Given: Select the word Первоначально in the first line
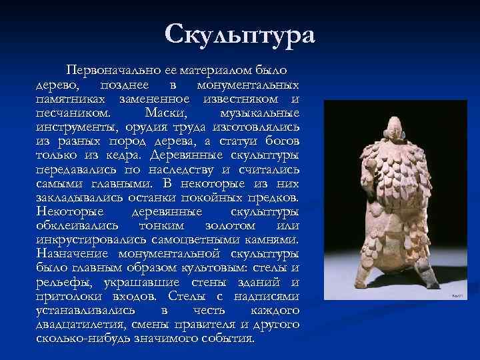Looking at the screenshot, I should point(99,69).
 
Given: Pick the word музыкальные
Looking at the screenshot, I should point(259,113).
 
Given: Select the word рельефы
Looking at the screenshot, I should point(60,282).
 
